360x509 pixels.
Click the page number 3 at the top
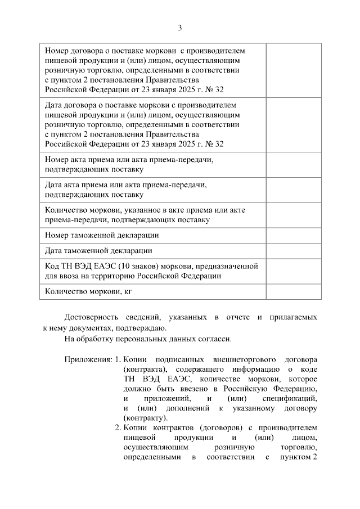[180, 28]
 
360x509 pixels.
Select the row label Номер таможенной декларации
[101, 235]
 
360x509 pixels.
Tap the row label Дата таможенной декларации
[98, 251]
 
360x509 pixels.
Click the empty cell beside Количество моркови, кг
[294, 291]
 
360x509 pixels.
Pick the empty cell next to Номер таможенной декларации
[294, 235]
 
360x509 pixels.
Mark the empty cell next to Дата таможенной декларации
[294, 251]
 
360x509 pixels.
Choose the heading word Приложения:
[88, 359]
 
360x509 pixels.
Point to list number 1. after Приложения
[118, 359]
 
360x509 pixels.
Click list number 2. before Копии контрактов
[118, 429]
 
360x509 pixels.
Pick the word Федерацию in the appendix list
[291, 389]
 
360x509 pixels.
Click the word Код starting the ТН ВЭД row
[51, 266]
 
